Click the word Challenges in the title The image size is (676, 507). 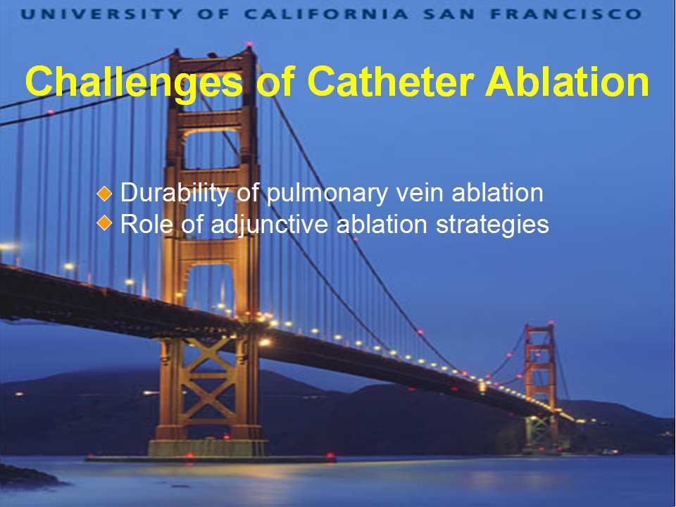(x=134, y=83)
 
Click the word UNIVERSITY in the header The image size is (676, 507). (x=101, y=14)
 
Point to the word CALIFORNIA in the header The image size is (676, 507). (x=326, y=14)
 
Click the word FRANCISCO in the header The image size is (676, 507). (x=566, y=14)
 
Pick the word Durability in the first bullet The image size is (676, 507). (x=174, y=193)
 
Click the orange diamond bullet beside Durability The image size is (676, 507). (x=104, y=193)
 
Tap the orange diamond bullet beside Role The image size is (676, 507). (x=104, y=223)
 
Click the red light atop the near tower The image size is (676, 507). (x=249, y=44)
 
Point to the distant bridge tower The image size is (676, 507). (x=540, y=386)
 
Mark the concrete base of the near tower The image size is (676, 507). (x=207, y=448)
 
